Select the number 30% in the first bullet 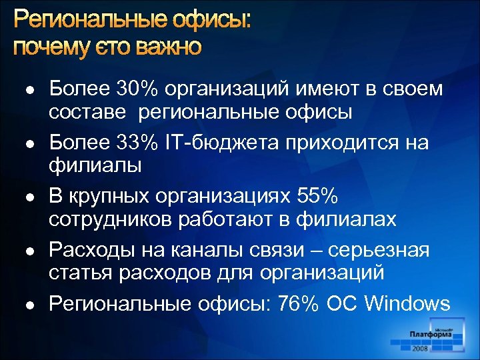coord(136,90)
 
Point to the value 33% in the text coord(136,143)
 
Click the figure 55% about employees coord(318,197)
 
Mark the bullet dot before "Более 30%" coord(30,91)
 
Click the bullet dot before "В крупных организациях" coord(30,198)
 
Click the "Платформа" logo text coord(431,334)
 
